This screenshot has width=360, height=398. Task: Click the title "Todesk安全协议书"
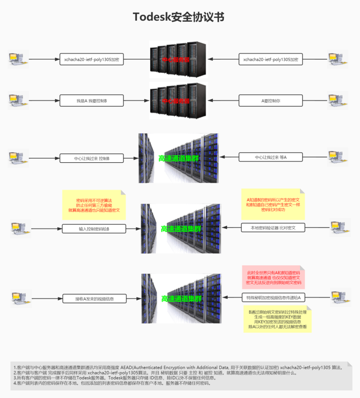179,17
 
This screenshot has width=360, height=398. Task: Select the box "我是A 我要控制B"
92,101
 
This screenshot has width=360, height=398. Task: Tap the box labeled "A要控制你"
271,101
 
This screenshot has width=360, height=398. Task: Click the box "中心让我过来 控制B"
92,159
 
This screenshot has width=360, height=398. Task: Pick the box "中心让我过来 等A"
271,157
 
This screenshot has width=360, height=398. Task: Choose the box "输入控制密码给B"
94,229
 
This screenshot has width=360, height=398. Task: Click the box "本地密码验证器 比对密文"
273,228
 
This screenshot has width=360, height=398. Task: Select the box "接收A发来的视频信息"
95,299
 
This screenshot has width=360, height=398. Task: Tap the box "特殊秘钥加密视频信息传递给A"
273,298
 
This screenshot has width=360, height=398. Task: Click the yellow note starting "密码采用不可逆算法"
94,205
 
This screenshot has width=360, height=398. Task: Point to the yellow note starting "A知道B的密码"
273,204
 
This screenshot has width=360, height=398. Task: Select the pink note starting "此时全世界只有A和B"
273,277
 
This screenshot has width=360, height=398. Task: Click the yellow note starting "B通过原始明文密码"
277,319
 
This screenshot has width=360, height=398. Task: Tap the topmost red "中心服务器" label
176,60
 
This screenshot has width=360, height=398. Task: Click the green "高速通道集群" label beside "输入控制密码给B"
181,229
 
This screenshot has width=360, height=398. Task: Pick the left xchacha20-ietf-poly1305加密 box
92,60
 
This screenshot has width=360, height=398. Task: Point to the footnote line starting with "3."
115,378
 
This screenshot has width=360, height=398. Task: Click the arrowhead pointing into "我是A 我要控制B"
57,101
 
